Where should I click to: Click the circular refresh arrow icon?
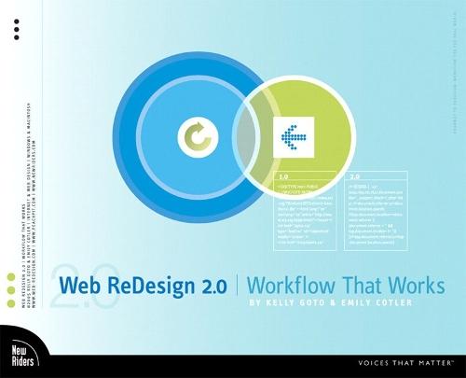click(197, 139)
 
